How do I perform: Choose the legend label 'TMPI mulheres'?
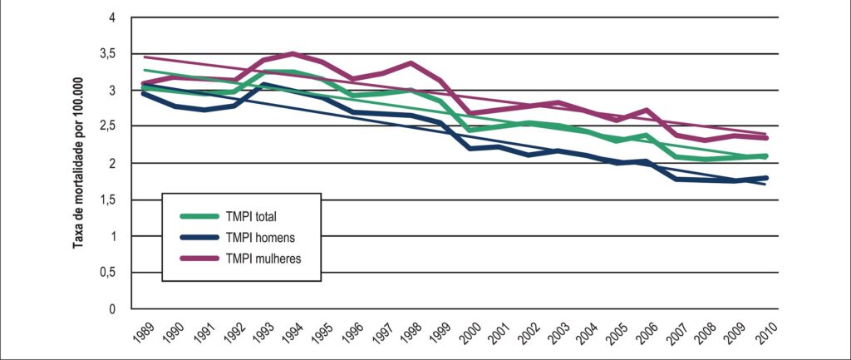[x=263, y=259]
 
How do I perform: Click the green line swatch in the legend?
[x=199, y=216]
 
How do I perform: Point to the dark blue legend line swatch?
[x=199, y=237]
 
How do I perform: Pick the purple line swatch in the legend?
[x=199, y=259]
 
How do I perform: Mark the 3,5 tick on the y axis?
[x=112, y=54]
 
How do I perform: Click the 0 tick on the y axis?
[x=113, y=309]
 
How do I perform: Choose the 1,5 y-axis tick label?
[x=112, y=200]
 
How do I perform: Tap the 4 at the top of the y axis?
[x=113, y=17]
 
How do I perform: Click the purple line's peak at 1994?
[x=293, y=53]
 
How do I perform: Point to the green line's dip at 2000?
[x=469, y=131]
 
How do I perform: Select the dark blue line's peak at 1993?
[x=263, y=84]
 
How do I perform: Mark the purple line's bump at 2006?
[x=647, y=111]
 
